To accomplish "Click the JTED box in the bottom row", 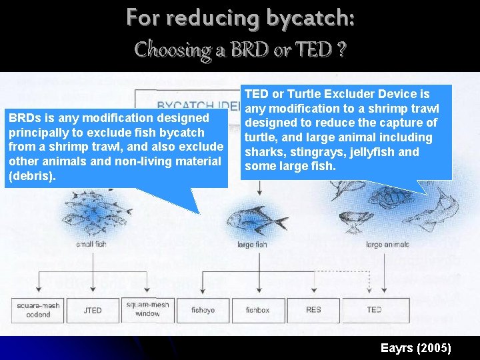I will click(93, 310).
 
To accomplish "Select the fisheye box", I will click(203, 310).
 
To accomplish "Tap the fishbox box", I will click(257, 310).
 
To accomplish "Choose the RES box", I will click(313, 310).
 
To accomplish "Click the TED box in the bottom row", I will click(374, 310).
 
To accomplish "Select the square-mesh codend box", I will click(38, 310).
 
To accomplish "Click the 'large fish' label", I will click(252, 245).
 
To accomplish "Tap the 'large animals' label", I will click(387, 245).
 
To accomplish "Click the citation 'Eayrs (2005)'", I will click(416, 348).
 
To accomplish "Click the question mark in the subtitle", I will click(341, 50).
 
